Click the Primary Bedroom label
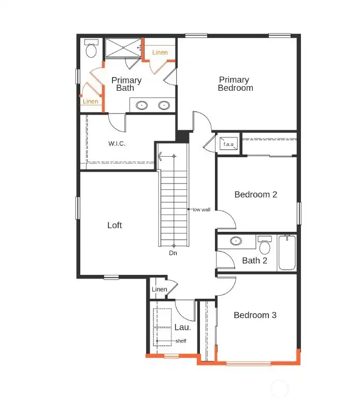[x=236, y=84]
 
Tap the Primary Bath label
[x=126, y=84]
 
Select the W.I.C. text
[x=117, y=143]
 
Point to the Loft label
[x=114, y=225]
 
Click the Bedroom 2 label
[x=255, y=194]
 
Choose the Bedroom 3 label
[x=255, y=315]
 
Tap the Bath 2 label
[x=254, y=260]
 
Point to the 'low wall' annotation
[x=201, y=210]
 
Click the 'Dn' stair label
[x=174, y=254]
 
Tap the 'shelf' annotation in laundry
[x=180, y=341]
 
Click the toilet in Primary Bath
[x=91, y=49]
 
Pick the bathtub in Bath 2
[x=287, y=253]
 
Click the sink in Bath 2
[x=236, y=241]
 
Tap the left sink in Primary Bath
[x=142, y=105]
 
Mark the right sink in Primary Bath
[x=164, y=105]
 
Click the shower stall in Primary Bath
[x=123, y=48]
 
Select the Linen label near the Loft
[x=159, y=289]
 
